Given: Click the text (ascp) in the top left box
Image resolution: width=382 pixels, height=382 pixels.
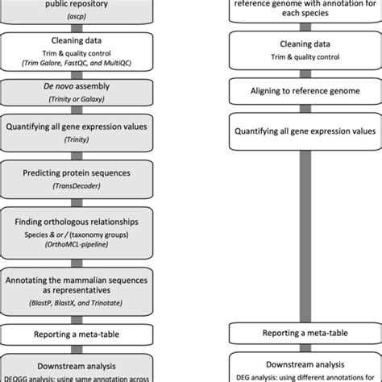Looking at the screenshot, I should point(77,15).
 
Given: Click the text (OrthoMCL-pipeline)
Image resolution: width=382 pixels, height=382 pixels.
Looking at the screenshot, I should point(77,249).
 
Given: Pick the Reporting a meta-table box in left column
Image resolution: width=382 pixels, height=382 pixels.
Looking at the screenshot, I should point(77,333).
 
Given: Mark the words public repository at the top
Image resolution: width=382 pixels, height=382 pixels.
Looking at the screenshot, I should point(77,4).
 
